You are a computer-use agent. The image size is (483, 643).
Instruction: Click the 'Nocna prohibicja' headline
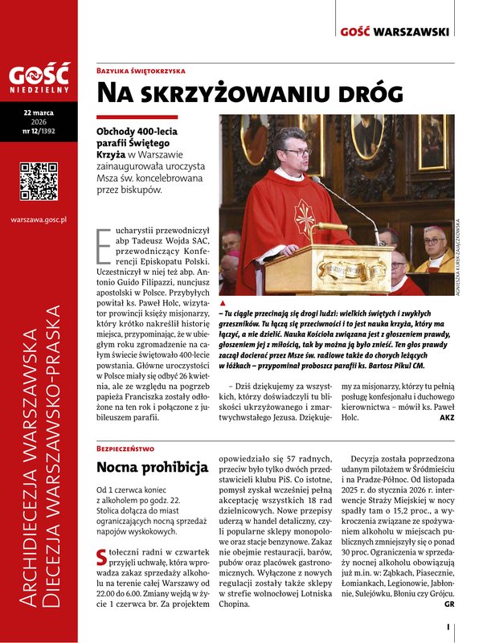153,467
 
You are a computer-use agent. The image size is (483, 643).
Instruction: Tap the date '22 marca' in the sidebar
39,112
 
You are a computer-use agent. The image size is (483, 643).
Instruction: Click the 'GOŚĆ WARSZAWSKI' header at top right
406,31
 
